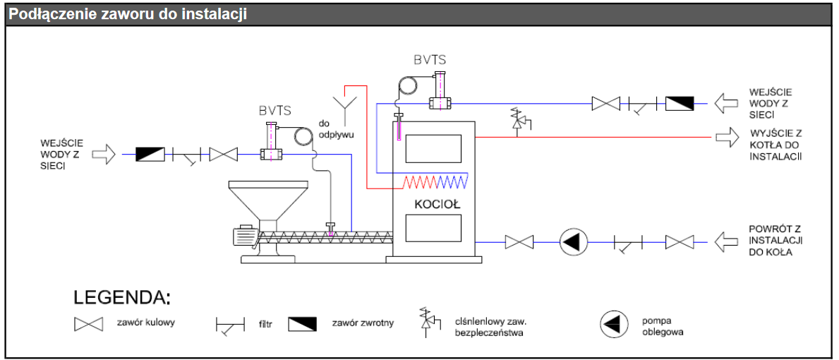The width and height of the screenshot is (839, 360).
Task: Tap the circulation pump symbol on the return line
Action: coord(573,242)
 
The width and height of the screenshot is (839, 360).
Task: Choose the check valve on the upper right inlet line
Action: coord(680,104)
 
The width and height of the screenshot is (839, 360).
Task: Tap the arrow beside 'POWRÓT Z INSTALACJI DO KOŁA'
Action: coord(726,242)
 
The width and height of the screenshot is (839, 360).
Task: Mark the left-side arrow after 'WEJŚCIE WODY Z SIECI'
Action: coord(103,154)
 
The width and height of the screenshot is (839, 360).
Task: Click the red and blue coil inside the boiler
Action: coord(435,182)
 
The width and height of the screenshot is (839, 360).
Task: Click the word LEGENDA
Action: coord(121,297)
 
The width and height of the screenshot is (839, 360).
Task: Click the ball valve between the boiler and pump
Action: coord(520,242)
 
